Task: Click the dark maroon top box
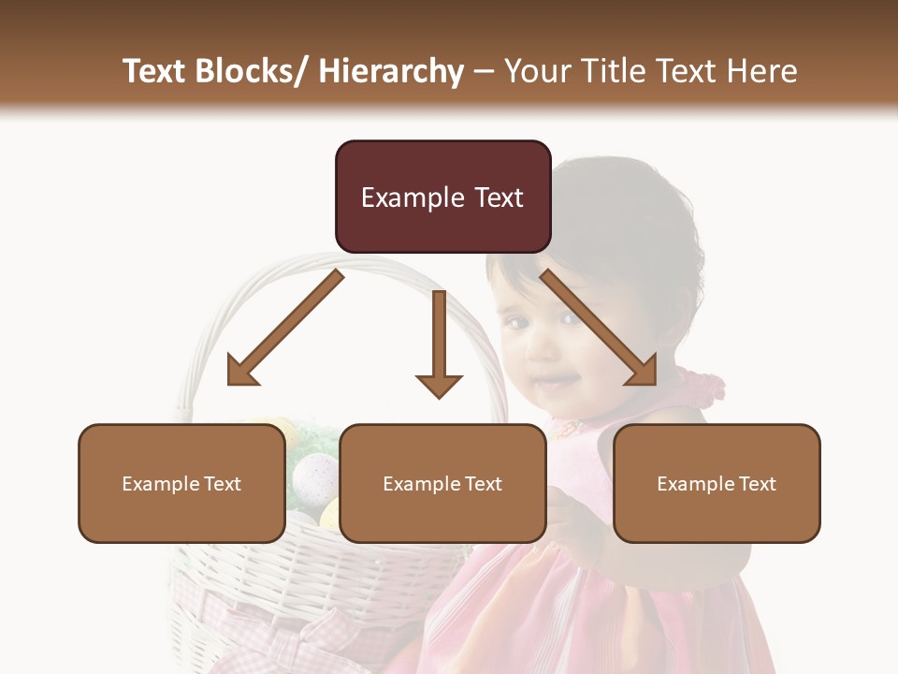pyautogui.click(x=442, y=197)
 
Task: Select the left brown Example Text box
pyautogui.click(x=181, y=483)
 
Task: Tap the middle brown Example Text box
pyautogui.click(x=442, y=483)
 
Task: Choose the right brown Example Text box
pyautogui.click(x=717, y=483)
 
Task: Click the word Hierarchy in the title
pyautogui.click(x=391, y=71)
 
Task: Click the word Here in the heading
pyautogui.click(x=761, y=71)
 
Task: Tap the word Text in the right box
pyautogui.click(x=758, y=484)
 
